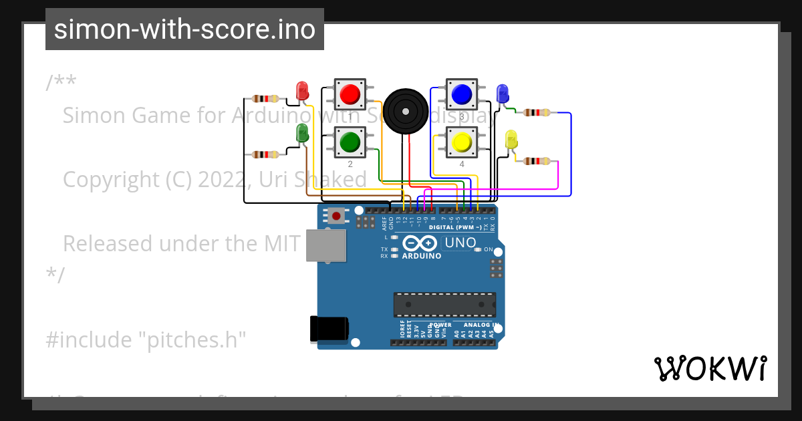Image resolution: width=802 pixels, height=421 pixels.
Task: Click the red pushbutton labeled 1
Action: click(x=350, y=94)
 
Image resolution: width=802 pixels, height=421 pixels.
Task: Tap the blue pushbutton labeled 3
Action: click(x=461, y=94)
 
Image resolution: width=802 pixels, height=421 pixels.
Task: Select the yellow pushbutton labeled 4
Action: click(x=461, y=142)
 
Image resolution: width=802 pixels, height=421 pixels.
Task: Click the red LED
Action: click(x=302, y=91)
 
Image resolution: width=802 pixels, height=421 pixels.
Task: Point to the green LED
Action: click(x=302, y=133)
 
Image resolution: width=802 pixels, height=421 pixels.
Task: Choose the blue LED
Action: click(x=502, y=94)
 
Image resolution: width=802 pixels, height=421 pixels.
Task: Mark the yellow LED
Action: click(x=511, y=140)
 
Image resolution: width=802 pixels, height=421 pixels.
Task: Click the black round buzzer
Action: click(x=406, y=110)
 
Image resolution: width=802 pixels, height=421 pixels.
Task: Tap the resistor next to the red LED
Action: click(x=265, y=99)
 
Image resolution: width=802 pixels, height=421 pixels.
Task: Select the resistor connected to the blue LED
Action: click(x=537, y=112)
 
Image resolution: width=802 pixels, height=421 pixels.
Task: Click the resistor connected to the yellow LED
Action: click(x=537, y=161)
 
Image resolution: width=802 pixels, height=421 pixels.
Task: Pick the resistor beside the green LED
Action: click(x=265, y=154)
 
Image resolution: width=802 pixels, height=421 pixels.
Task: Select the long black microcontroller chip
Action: click(x=444, y=303)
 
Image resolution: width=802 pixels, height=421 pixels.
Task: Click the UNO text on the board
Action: click(x=460, y=243)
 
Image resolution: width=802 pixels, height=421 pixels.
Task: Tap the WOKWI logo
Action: click(x=710, y=368)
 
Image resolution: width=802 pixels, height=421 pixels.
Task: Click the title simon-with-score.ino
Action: click(x=184, y=29)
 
